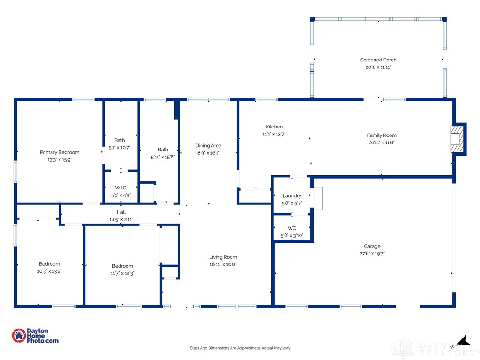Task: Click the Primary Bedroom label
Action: coord(60,152)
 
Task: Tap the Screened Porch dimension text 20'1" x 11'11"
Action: coord(378,67)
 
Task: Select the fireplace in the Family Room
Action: coord(458,139)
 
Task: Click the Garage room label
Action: coord(372,246)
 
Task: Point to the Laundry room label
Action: coord(292,196)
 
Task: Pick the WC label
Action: coord(292,228)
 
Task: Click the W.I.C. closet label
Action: coord(120,188)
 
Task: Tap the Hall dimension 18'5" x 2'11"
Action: coord(121,219)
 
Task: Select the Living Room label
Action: coord(223,257)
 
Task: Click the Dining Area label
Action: coord(209,146)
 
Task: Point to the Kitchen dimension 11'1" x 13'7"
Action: coord(274,134)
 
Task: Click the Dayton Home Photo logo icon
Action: coord(19,335)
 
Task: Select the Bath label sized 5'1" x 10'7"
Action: coord(120,140)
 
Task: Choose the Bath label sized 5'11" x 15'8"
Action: coord(163,150)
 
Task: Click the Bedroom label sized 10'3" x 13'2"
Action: coord(49,264)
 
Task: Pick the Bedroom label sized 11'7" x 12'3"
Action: coord(122,266)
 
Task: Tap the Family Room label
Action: coord(382,135)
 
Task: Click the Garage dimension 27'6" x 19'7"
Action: coord(372,254)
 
